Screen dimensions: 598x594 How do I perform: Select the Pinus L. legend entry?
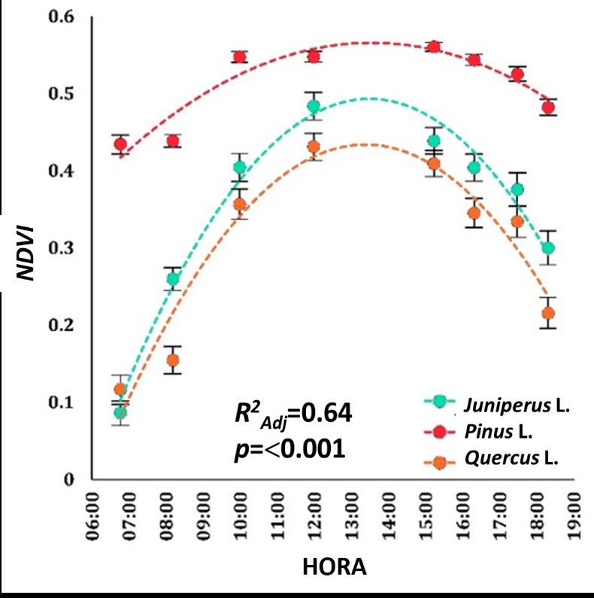(x=502, y=432)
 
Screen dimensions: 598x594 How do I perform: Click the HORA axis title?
(x=334, y=568)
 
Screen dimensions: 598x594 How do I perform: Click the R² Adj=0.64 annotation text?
(x=289, y=414)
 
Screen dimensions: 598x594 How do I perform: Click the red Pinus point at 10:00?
(x=240, y=58)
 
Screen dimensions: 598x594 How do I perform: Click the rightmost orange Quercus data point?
(x=549, y=314)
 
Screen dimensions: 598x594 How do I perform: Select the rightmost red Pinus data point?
(x=549, y=108)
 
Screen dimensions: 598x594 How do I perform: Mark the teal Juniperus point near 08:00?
(x=173, y=279)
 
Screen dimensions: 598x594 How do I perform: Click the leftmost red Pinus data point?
(x=120, y=144)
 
